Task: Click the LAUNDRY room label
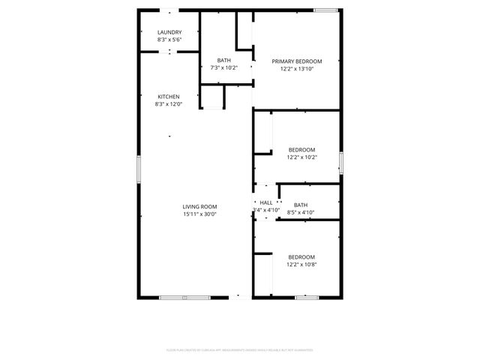coord(169,32)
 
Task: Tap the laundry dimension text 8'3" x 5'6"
coord(169,40)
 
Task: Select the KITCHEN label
coord(169,97)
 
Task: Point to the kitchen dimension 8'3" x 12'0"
coord(169,105)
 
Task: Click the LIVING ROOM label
coord(199,206)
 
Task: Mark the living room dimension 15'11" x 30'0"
coord(199,214)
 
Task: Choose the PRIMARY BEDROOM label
coord(297,61)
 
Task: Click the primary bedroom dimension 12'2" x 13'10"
coord(297,69)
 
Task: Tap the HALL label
coord(266,202)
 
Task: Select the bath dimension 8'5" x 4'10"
coord(301,213)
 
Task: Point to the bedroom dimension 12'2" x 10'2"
coord(301,157)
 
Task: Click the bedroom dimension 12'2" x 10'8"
coord(301,265)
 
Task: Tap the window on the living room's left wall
coord(138,168)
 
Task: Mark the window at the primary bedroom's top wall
coord(325,10)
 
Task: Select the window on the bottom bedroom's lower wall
coord(307,298)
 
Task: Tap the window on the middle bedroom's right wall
coord(340,162)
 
